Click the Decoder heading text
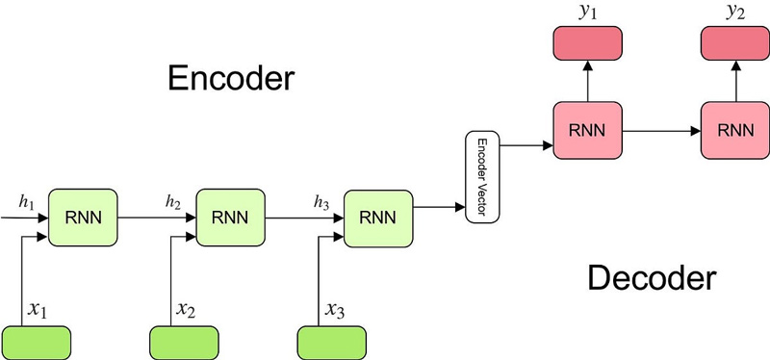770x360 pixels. point(652,279)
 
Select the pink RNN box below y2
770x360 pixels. point(735,129)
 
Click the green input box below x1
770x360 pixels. point(37,342)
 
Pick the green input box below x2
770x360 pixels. point(184,342)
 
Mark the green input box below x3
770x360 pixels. point(331,342)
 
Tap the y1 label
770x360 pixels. point(587,13)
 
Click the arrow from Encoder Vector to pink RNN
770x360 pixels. point(526,146)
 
